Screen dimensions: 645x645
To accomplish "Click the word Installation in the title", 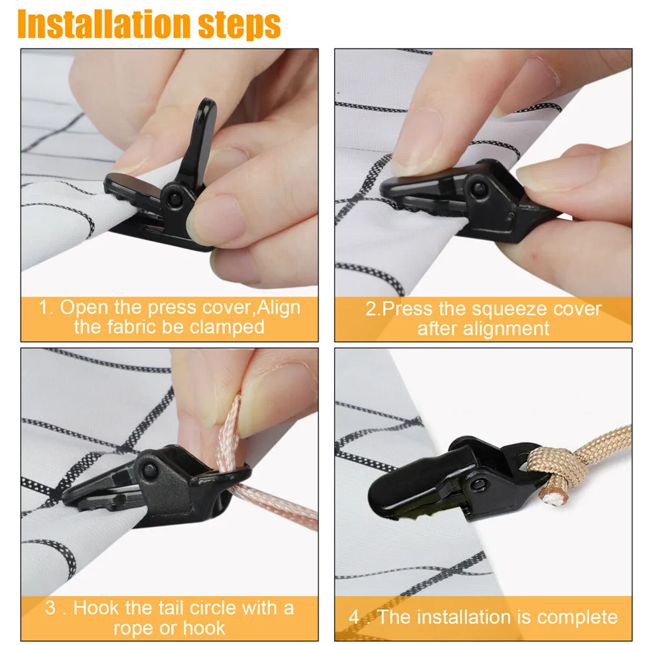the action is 104,25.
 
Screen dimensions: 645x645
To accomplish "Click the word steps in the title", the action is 239,26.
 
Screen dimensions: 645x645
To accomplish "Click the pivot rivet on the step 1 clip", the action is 175,199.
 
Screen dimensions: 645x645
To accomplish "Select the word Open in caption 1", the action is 84,307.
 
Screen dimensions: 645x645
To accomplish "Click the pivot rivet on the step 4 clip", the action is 479,484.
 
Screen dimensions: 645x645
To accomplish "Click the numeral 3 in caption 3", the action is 50,608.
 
